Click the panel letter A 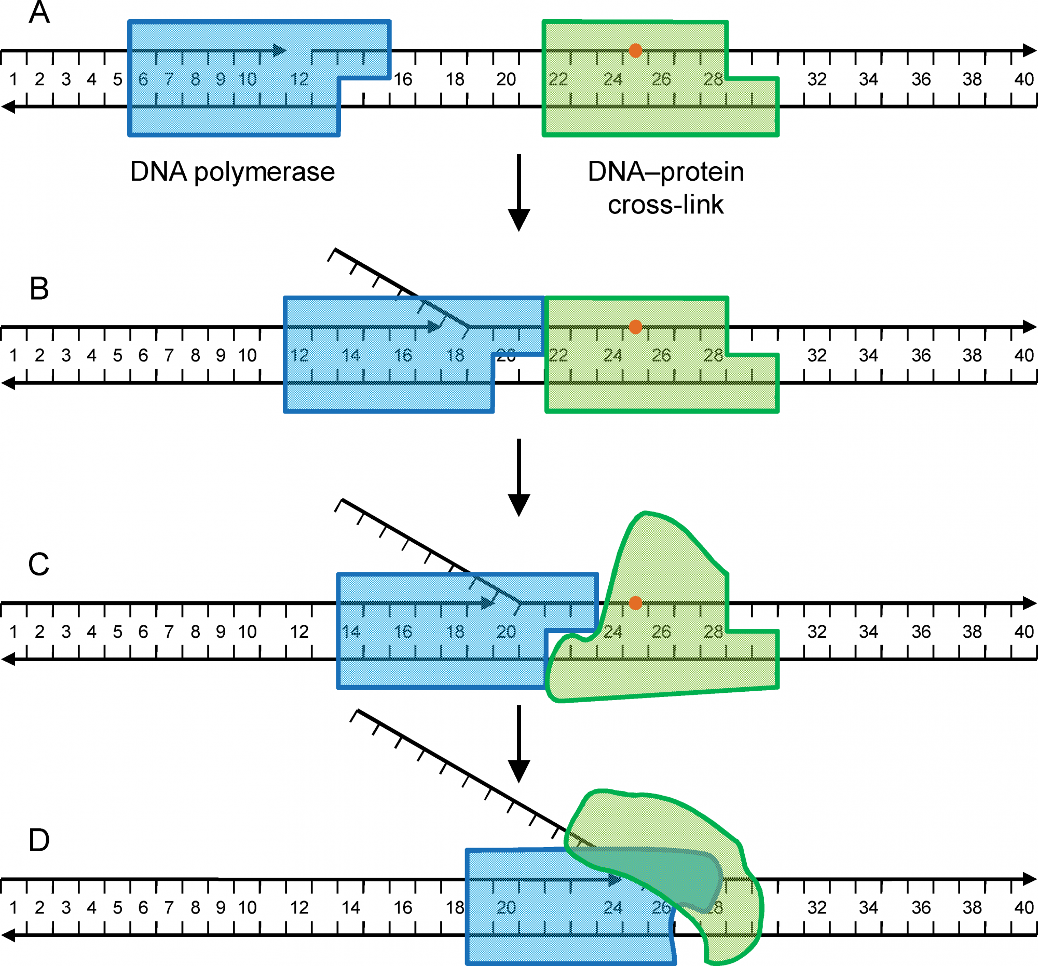click(x=39, y=12)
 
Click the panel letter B click(x=39, y=288)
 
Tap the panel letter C click(x=39, y=564)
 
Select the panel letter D click(x=39, y=840)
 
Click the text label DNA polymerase click(x=233, y=172)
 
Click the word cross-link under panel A click(x=666, y=205)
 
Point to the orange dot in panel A click(x=635, y=51)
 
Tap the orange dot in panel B click(x=635, y=327)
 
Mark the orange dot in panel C click(x=635, y=603)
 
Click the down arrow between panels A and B click(x=519, y=193)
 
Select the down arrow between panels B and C click(x=519, y=477)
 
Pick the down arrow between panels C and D click(x=519, y=744)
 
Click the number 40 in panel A click(x=1024, y=79)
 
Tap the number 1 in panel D click(x=13, y=907)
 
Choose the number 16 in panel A click(x=403, y=79)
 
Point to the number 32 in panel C click(x=817, y=632)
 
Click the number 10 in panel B click(x=247, y=356)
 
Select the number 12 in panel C click(x=299, y=632)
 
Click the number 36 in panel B click(x=921, y=356)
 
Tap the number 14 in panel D click(x=351, y=907)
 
